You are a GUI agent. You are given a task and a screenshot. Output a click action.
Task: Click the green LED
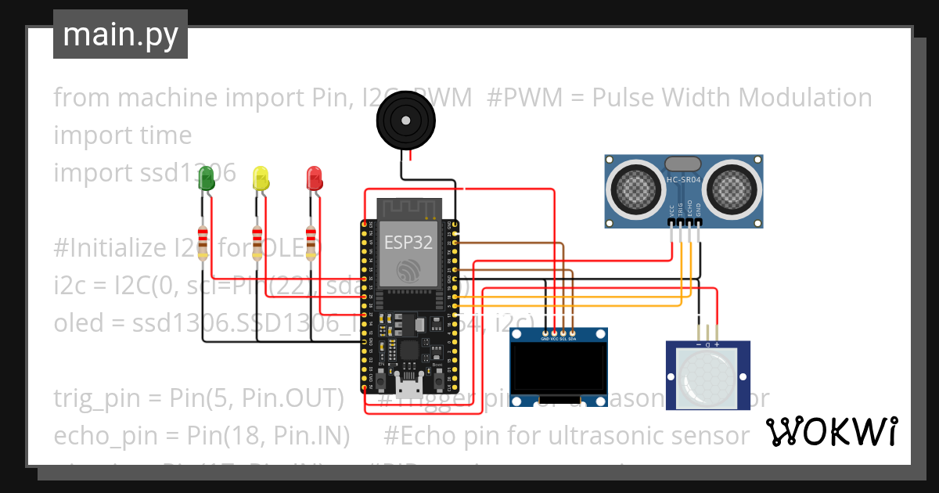pyautogui.click(x=207, y=178)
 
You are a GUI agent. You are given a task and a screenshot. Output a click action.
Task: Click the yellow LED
pyautogui.click(x=261, y=178)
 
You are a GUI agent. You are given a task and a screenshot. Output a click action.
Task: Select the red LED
pyautogui.click(x=314, y=178)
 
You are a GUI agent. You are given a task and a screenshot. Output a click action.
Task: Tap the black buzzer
pyautogui.click(x=404, y=120)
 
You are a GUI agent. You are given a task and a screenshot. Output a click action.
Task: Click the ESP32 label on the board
pyautogui.click(x=408, y=242)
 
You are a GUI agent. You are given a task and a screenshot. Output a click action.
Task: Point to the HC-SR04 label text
pyautogui.click(x=683, y=180)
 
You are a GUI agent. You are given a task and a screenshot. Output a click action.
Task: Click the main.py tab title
pyautogui.click(x=120, y=34)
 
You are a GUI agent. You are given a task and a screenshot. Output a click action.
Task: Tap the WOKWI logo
pyautogui.click(x=831, y=431)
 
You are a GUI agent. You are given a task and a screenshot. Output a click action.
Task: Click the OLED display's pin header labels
pyautogui.click(x=559, y=338)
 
